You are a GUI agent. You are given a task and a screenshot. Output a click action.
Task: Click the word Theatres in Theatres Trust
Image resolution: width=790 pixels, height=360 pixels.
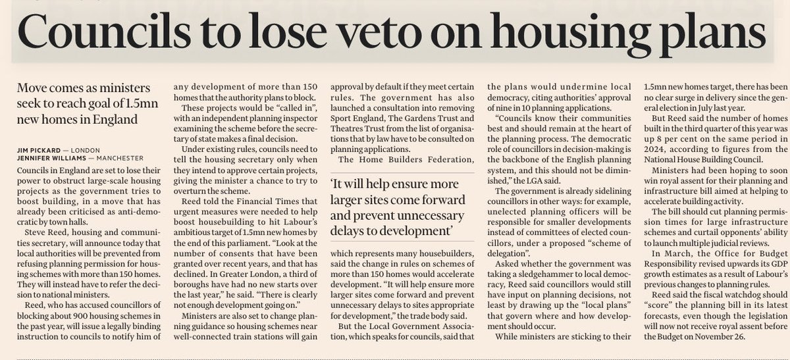[x=351, y=130]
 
